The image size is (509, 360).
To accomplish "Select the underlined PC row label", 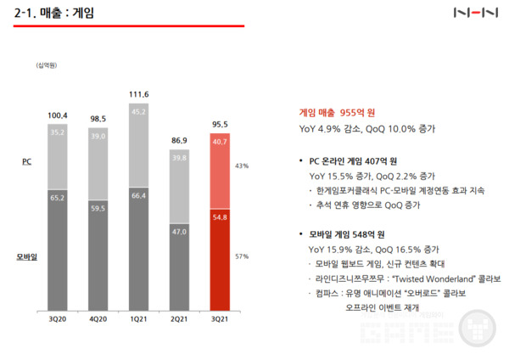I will point(26,160).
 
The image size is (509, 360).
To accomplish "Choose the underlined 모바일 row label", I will point(27,255).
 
